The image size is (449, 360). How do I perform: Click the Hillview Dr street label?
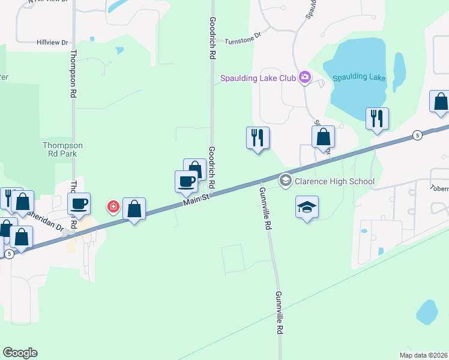pyautogui.click(x=53, y=43)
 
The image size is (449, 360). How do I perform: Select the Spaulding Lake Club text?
pyautogui.click(x=258, y=78)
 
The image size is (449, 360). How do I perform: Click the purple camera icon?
pyautogui.click(x=305, y=77)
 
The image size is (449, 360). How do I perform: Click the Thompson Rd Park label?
pyautogui.click(x=62, y=149)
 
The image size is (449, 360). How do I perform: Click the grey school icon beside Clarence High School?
pyautogui.click(x=285, y=180)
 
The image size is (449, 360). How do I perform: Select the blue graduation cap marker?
pyautogui.click(x=307, y=208)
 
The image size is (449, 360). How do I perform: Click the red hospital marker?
pyautogui.click(x=112, y=208)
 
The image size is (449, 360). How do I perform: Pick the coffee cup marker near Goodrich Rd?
pyautogui.click(x=186, y=181)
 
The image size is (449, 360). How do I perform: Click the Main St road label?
pyautogui.click(x=196, y=197)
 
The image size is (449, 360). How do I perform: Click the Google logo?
pyautogui.click(x=20, y=353)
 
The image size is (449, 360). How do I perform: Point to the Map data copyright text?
pyautogui.click(x=423, y=355)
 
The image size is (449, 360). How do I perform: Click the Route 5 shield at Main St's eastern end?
pyautogui.click(x=417, y=136)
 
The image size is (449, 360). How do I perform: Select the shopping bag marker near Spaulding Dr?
pyautogui.click(x=323, y=137)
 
